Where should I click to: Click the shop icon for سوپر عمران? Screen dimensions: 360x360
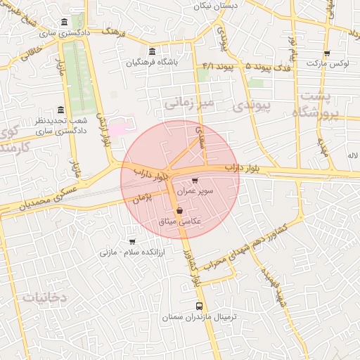[195, 181]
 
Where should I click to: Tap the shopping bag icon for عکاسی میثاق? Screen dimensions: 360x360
[180, 210]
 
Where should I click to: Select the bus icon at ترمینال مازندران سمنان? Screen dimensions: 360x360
[199, 307]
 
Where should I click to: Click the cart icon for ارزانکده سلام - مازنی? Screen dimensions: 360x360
[132, 241]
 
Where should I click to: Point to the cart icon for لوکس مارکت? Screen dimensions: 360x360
[327, 53]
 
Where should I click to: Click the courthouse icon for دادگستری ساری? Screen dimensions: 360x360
[65, 22]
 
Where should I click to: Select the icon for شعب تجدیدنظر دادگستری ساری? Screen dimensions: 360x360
[60, 110]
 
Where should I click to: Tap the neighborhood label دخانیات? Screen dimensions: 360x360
[44, 297]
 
